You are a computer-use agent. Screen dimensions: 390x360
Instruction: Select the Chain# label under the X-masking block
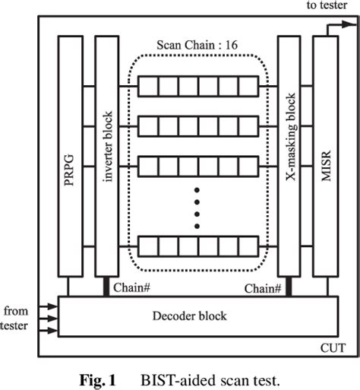tap(263, 288)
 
